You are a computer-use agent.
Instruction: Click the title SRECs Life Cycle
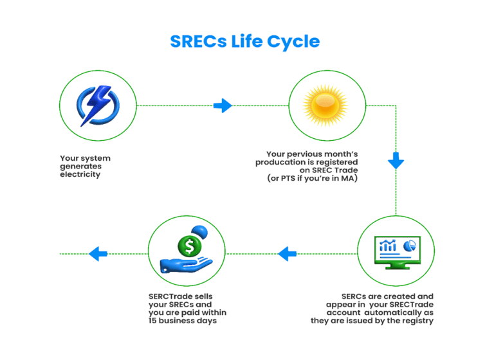pyautogui.click(x=244, y=41)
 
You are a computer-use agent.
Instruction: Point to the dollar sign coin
pyautogui.click(x=189, y=246)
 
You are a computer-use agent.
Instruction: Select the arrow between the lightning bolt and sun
pyautogui.click(x=223, y=105)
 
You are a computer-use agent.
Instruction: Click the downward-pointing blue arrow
pyautogui.click(x=396, y=161)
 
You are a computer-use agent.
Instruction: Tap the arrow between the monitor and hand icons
pyautogui.click(x=287, y=254)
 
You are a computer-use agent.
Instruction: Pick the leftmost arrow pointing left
pyautogui.click(x=98, y=254)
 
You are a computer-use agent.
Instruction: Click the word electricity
pyautogui.click(x=80, y=174)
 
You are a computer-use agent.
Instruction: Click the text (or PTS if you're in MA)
pyautogui.click(x=312, y=179)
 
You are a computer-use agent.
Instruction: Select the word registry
pyautogui.click(x=416, y=320)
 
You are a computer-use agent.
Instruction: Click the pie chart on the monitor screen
pyautogui.click(x=408, y=246)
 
